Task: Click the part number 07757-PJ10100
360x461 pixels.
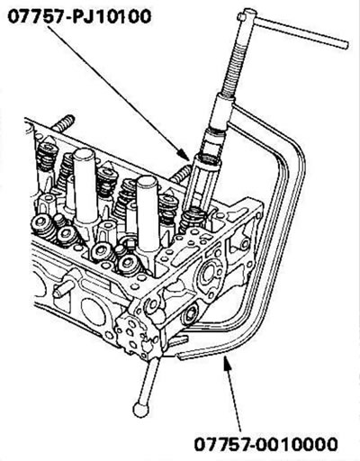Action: [x=79, y=16]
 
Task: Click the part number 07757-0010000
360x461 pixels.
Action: [x=266, y=444]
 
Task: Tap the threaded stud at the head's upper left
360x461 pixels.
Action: [x=63, y=123]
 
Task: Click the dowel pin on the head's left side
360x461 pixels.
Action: [x=64, y=288]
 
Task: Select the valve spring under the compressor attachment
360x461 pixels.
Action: [x=192, y=222]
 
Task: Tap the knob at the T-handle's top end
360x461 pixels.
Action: [x=247, y=15]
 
